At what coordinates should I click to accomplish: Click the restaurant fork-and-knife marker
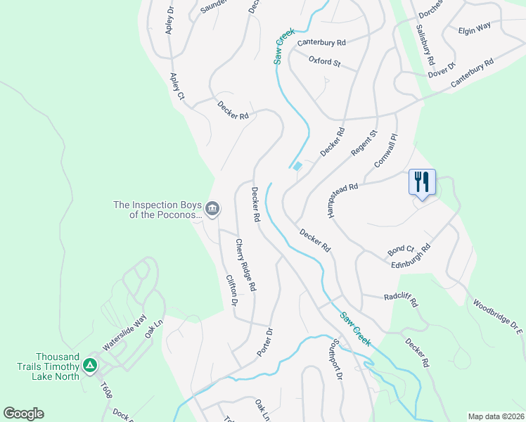tap(422, 182)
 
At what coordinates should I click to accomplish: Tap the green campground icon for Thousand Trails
tap(89, 366)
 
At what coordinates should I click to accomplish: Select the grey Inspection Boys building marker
tap(212, 209)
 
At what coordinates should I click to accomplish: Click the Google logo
tap(23, 414)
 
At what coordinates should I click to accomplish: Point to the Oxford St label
tap(324, 62)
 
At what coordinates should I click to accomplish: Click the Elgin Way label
tap(474, 29)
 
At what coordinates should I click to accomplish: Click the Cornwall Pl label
tap(386, 150)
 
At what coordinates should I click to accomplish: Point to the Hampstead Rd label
tap(342, 199)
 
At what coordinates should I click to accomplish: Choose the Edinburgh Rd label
tap(411, 255)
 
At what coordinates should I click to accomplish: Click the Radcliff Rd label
tap(401, 300)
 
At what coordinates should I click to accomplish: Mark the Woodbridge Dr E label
tap(499, 316)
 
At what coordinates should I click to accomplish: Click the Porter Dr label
tap(264, 341)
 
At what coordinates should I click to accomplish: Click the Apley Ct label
tap(177, 86)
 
